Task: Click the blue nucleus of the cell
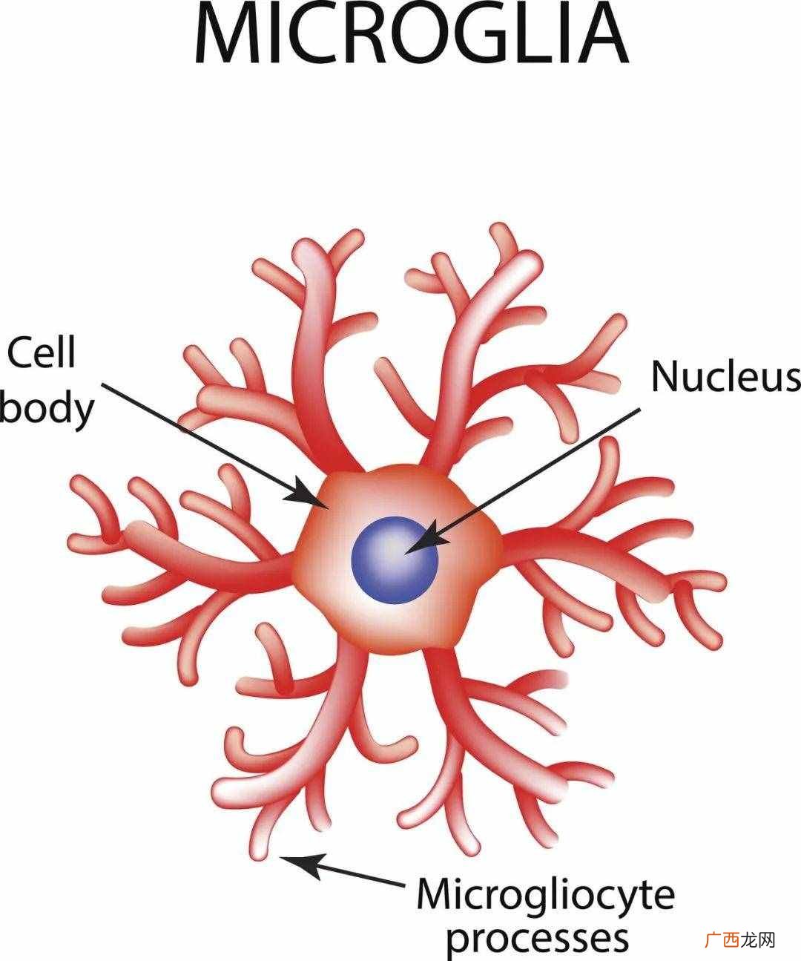tap(395, 560)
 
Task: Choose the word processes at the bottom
tap(538, 939)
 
